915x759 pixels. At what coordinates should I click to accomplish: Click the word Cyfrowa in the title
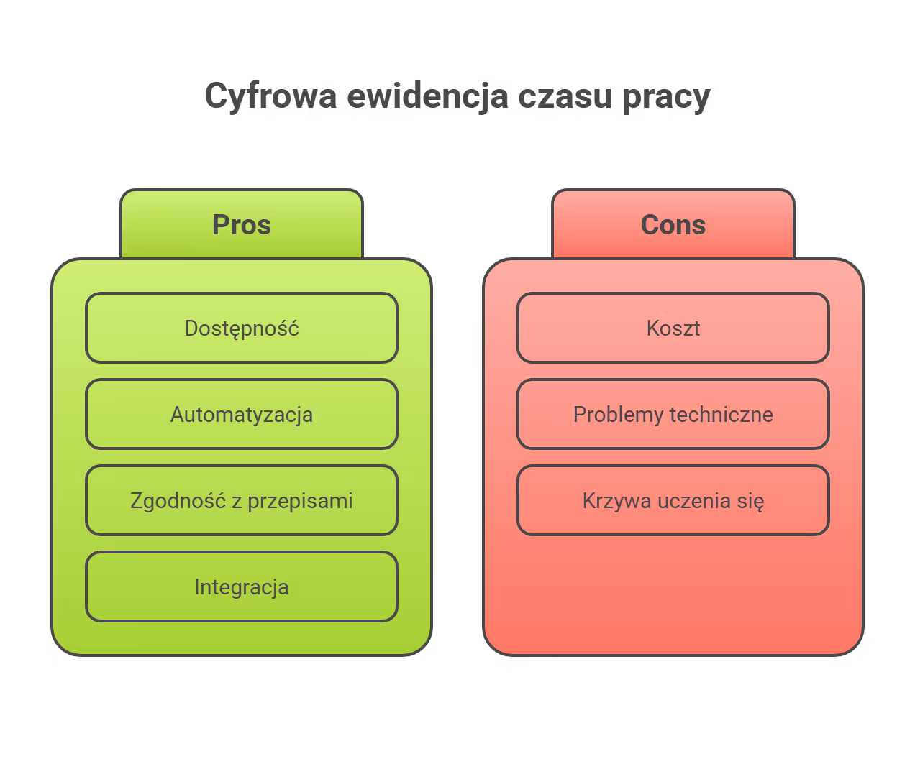(270, 96)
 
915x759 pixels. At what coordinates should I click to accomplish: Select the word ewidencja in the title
(427, 96)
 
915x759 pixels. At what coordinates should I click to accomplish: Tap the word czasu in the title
(565, 96)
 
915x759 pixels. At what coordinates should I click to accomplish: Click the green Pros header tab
(242, 224)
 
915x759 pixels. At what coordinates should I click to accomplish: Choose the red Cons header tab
(673, 224)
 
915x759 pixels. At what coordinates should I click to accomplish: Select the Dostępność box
(242, 328)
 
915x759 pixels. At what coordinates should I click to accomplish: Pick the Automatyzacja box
(242, 414)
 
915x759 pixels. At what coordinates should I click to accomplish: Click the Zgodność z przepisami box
(242, 500)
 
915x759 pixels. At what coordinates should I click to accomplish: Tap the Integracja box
(242, 586)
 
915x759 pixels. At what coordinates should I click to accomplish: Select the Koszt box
(673, 328)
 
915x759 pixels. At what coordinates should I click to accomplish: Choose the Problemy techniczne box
(673, 414)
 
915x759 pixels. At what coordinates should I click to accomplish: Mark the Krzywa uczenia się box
(673, 500)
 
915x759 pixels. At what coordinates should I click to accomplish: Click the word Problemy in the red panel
(618, 415)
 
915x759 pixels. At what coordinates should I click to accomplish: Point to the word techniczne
(721, 414)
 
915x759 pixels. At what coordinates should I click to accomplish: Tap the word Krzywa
(611, 501)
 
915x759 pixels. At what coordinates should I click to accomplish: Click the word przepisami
(300, 501)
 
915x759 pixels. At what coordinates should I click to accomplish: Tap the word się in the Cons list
(750, 501)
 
